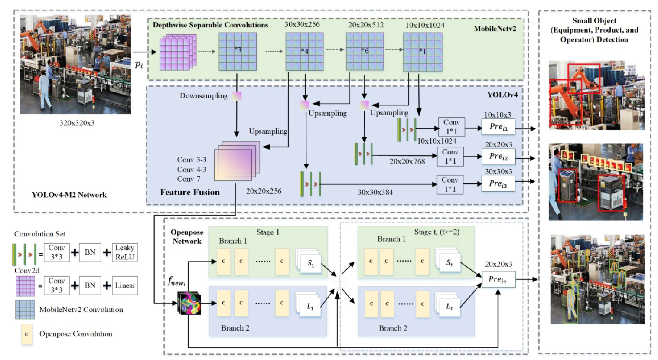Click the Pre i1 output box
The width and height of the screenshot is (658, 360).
(x=498, y=127)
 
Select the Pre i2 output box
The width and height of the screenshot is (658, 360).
(x=498, y=156)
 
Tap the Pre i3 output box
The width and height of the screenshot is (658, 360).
(x=498, y=183)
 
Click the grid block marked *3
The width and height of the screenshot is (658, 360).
(x=237, y=51)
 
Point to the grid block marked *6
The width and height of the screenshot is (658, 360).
(x=365, y=52)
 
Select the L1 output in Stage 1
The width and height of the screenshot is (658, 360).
(x=309, y=305)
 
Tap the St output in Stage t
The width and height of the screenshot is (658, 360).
(x=449, y=262)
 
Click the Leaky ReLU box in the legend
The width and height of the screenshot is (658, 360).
(x=125, y=252)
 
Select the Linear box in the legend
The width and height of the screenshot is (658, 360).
(x=125, y=285)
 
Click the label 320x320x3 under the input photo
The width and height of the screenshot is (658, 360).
(x=77, y=123)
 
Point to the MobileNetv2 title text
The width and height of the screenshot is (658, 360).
(x=495, y=29)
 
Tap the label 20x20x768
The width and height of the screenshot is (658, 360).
(x=407, y=161)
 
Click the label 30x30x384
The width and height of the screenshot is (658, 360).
(x=375, y=192)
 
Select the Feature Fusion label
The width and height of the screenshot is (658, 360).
(x=189, y=192)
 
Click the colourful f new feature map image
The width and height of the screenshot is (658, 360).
(x=189, y=303)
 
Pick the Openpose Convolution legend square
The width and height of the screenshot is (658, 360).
(x=27, y=334)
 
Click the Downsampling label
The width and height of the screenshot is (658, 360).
(x=203, y=96)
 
